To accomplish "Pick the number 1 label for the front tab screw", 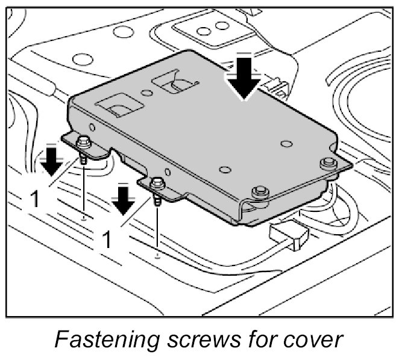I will [107, 240].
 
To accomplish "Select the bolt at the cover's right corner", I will [327, 163].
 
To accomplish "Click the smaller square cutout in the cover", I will [173, 81].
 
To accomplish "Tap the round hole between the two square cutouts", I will [146, 93].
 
